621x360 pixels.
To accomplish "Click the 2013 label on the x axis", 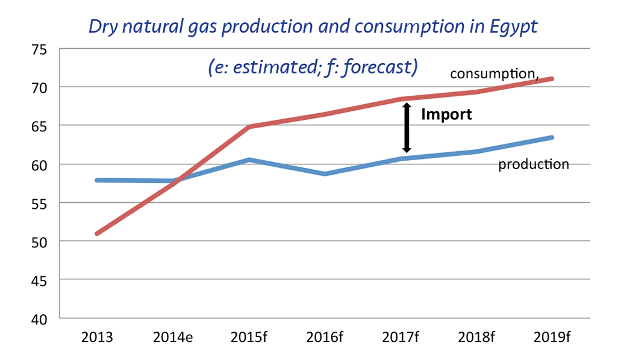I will [97, 337].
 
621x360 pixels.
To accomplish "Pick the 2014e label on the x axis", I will [173, 337].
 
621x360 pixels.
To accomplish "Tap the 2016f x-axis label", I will [325, 337].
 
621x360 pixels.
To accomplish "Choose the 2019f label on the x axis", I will [552, 337].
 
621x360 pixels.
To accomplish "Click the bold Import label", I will [446, 114].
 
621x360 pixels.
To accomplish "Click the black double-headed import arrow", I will [407, 128].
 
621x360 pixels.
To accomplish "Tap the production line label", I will [533, 164].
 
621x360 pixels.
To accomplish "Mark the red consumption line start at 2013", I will [98, 234].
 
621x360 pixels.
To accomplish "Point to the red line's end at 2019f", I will [552, 79].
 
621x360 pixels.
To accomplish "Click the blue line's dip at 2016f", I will [325, 174].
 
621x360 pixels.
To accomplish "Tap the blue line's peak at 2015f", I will [249, 160].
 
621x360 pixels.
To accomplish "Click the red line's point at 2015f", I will [249, 127].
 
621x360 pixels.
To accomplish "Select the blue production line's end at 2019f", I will [552, 138].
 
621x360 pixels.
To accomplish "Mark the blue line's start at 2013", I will [98, 180].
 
